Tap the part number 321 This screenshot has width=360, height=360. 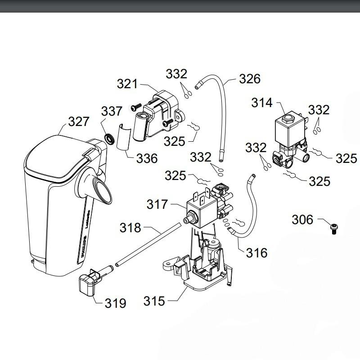[127, 84]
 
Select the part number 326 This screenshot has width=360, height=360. [249, 79]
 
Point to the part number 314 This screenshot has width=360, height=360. [262, 103]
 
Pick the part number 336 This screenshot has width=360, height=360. [147, 158]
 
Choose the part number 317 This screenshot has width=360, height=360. [157, 205]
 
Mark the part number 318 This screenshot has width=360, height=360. [130, 228]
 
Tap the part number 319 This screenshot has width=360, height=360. [115, 303]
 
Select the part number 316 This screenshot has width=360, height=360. [256, 252]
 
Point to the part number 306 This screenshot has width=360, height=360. [302, 220]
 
